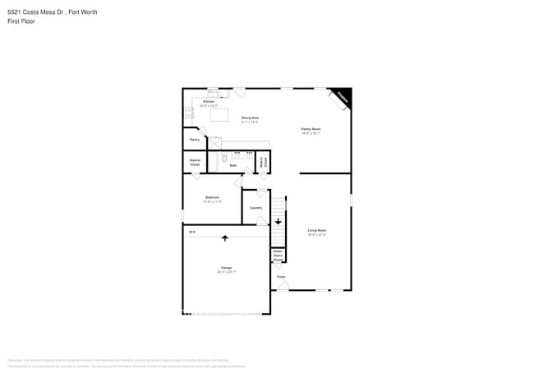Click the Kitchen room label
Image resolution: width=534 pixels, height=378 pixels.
[x=209, y=102]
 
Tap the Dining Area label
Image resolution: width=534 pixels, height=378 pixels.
[x=251, y=118]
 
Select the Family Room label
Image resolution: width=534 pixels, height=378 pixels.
[x=311, y=129]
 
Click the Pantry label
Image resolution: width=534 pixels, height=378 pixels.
[x=195, y=140]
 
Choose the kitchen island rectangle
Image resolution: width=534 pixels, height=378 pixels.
[x=219, y=115]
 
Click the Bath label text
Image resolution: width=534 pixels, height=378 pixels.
[x=233, y=166]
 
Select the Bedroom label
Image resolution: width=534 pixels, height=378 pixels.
[x=212, y=197]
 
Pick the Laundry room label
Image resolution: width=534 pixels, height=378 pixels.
[x=256, y=207]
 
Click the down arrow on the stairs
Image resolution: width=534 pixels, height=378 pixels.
[x=279, y=221]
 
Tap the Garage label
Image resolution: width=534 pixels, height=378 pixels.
[x=226, y=268]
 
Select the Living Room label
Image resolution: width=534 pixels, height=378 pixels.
[x=317, y=230]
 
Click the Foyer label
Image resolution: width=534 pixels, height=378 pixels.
[x=281, y=277]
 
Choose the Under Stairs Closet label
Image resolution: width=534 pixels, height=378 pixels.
[x=279, y=256]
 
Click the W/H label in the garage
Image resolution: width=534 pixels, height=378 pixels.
[x=192, y=233]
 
